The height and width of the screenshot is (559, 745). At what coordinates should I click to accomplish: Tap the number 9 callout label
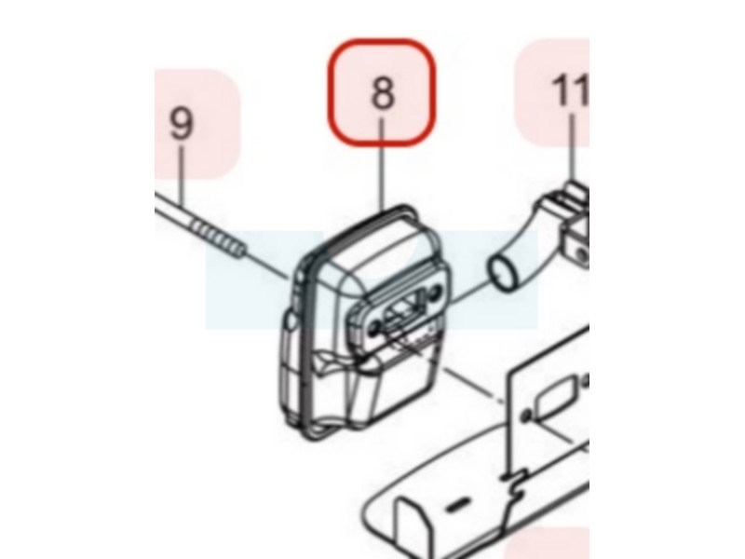click(x=182, y=123)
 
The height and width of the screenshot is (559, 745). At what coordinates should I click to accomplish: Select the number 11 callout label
click(x=570, y=90)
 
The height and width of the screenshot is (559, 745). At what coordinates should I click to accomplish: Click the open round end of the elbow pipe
click(x=502, y=272)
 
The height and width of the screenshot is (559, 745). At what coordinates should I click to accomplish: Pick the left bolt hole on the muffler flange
click(x=375, y=328)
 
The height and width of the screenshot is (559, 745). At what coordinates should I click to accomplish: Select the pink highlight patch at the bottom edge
click(x=547, y=543)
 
